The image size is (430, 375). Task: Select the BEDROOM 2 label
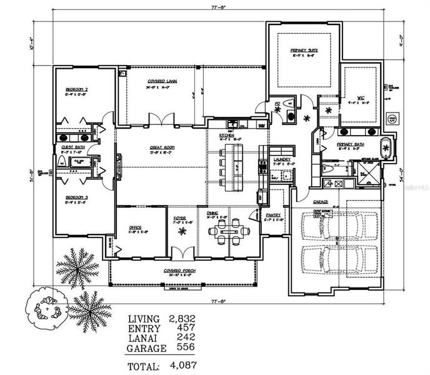click(x=76, y=91)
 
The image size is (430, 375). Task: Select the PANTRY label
click(x=274, y=216)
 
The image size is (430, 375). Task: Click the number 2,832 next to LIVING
click(x=182, y=318)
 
